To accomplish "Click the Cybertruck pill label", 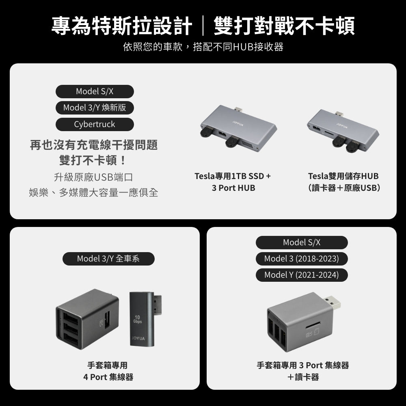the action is [95, 124].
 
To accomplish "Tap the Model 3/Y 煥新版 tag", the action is [95, 108].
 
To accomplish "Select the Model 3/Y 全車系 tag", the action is [108, 259].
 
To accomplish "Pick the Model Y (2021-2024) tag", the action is [302, 275].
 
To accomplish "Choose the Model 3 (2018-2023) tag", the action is [302, 259].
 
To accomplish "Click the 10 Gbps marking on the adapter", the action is [138, 319].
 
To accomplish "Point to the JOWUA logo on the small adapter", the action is [138, 339].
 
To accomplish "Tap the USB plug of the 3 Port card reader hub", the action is [332, 302].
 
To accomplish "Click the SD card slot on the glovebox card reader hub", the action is [313, 324].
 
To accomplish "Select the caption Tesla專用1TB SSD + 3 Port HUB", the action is [233, 182].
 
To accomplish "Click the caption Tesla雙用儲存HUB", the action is [343, 176].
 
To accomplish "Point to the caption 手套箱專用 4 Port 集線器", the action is [108, 371].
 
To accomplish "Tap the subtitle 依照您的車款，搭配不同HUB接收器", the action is [203, 47].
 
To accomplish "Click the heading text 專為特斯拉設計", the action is [122, 26].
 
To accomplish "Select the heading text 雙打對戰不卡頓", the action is [284, 26].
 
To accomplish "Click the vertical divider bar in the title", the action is [203, 26].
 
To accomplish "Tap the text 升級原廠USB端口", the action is [93, 177].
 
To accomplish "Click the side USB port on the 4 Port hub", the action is [107, 320].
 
